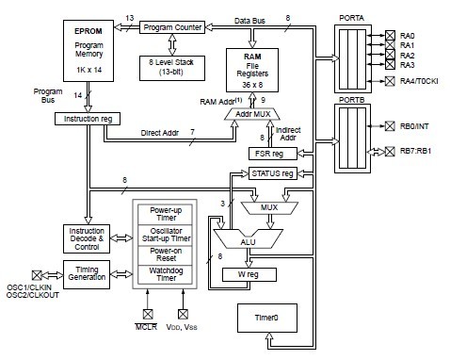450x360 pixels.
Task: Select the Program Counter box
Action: (171, 27)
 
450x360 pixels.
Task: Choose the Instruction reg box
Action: (88, 119)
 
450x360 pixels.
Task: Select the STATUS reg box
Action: (272, 173)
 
